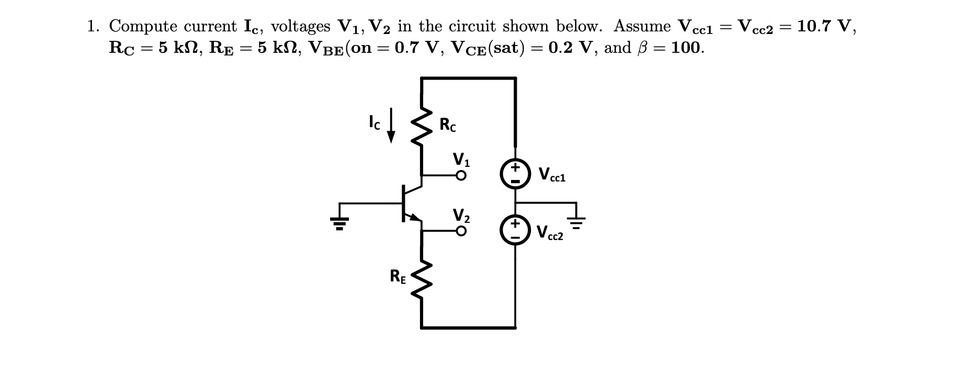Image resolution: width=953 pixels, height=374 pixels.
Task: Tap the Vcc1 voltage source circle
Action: coord(515,174)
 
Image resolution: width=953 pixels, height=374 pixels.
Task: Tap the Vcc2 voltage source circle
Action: coord(515,231)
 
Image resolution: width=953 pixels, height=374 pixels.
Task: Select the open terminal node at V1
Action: coord(460,176)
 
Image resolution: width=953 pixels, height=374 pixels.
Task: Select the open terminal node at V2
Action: coord(460,231)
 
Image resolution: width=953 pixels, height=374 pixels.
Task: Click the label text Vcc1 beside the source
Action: coord(551,174)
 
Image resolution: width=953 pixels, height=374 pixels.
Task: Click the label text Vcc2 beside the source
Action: coord(550,232)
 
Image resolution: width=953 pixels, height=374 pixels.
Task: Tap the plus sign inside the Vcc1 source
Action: coord(515,167)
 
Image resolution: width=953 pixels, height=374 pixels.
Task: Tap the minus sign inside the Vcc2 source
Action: coord(515,237)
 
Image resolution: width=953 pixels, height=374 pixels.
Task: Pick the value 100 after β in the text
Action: coord(687,48)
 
